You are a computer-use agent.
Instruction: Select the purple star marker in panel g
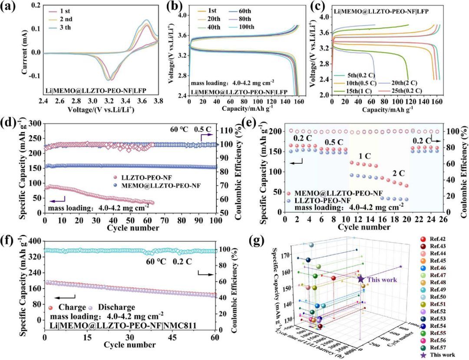[360, 278]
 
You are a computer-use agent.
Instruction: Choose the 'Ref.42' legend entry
[437, 239]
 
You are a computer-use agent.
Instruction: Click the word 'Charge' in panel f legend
[70, 307]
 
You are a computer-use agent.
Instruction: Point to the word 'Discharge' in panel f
[117, 307]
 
